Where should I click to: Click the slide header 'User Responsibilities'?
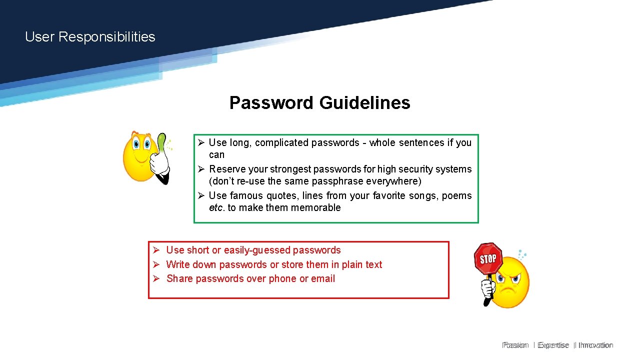[x=90, y=37]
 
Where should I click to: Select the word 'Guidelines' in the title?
[x=364, y=103]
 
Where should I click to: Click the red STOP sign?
[x=487, y=258]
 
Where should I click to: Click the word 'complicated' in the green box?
[x=281, y=143]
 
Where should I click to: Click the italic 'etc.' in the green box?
[x=217, y=208]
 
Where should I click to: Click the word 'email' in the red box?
[x=323, y=279]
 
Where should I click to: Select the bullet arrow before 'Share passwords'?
[x=156, y=279]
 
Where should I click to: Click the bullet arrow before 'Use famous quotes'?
[x=200, y=195]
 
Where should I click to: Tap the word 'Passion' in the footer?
[x=515, y=345]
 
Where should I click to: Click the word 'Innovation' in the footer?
[x=595, y=345]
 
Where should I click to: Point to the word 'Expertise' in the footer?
[x=553, y=345]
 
